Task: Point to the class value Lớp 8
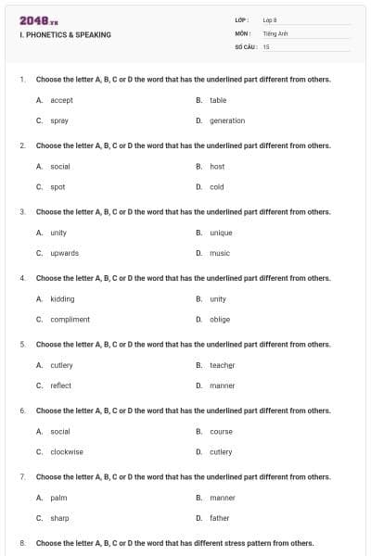pos(271,19)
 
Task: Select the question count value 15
pos(266,45)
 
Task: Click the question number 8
pos(21,542)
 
